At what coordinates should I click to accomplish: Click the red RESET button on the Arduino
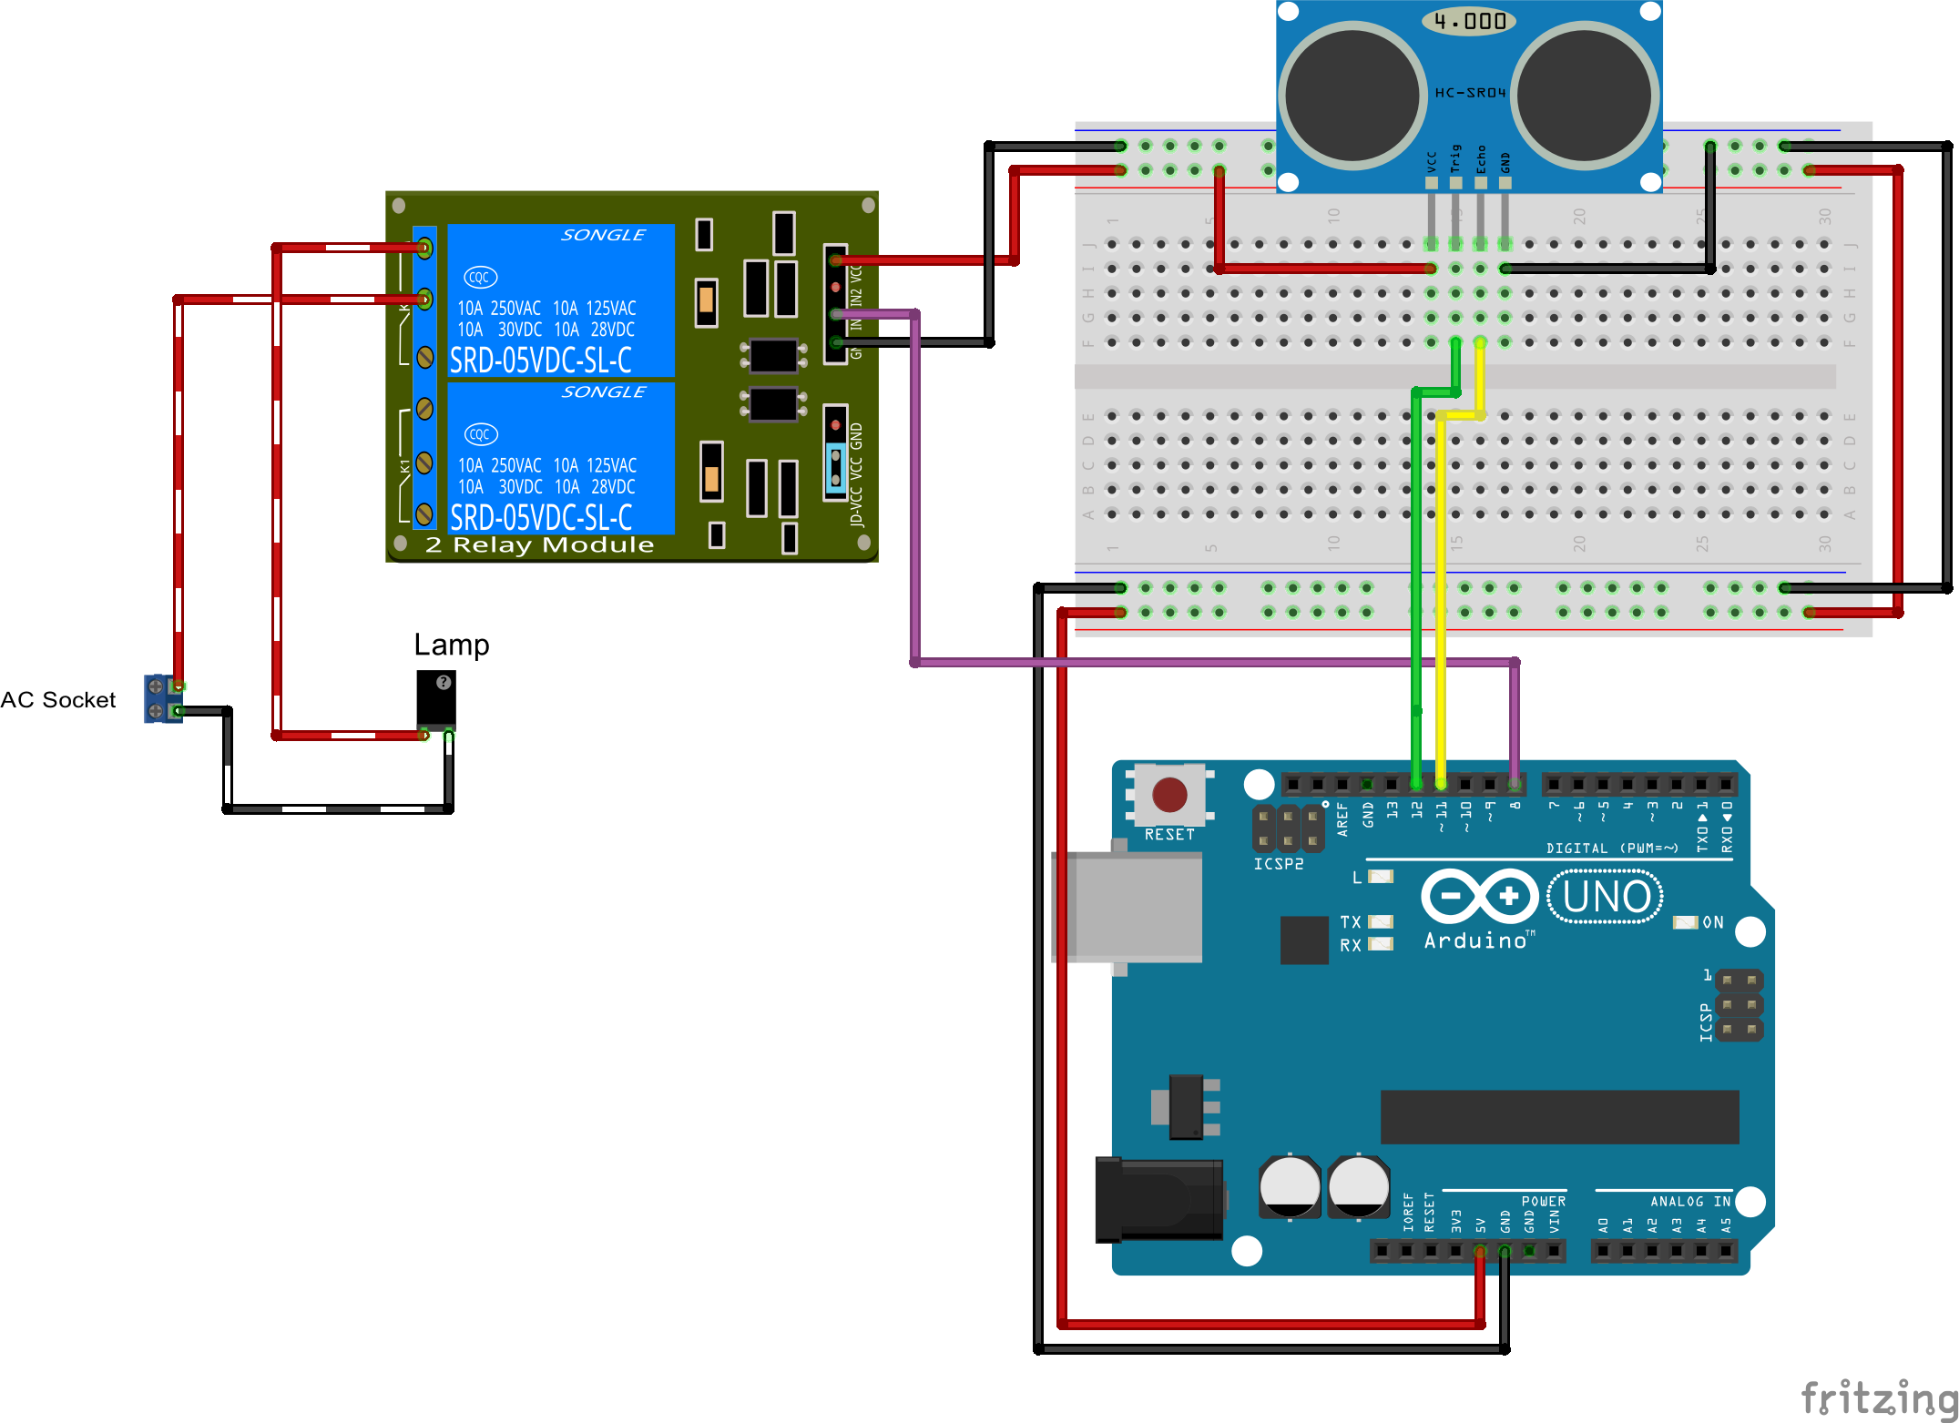[x=1169, y=795]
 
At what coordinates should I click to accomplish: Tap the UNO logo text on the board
[x=1607, y=897]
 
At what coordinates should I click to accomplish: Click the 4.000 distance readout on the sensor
[x=1469, y=21]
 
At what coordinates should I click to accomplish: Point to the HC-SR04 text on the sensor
[x=1470, y=93]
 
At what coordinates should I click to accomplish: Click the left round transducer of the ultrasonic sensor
[x=1352, y=96]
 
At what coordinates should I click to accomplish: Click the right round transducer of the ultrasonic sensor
[x=1585, y=96]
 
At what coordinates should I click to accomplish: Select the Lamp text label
[x=451, y=645]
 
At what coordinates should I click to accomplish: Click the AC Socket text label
[x=58, y=700]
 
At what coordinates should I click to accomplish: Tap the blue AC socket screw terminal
[x=162, y=698]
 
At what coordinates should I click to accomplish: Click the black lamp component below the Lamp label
[x=436, y=699]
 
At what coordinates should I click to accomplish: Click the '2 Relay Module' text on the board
[x=539, y=545]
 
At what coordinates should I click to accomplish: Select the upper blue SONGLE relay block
[x=561, y=300]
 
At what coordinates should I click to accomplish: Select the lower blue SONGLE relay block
[x=561, y=458]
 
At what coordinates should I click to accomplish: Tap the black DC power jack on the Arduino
[x=1158, y=1199]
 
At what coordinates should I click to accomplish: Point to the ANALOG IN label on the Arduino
[x=1689, y=1202]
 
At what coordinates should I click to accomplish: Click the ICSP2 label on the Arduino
[x=1278, y=864]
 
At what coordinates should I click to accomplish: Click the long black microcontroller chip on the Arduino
[x=1559, y=1116]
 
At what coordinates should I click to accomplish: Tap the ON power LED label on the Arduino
[x=1712, y=922]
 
